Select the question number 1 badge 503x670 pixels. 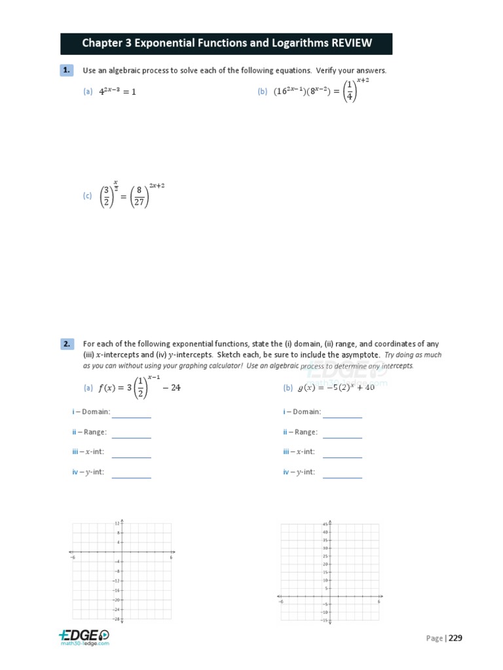tap(67, 70)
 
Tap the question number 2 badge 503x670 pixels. tap(67, 344)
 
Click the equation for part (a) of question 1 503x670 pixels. tap(117, 92)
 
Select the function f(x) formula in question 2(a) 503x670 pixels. tap(139, 387)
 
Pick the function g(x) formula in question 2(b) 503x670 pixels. tap(336, 387)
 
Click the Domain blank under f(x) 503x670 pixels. tap(131, 413)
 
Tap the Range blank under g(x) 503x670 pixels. tap(342, 433)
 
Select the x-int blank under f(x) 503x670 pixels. tap(131, 453)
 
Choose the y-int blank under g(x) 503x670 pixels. tap(342, 473)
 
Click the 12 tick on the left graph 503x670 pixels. tap(117, 523)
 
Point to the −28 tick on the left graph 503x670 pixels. tap(116, 618)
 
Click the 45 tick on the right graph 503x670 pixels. tap(325, 524)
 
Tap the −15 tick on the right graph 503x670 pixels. tap(324, 620)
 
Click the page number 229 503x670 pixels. tap(456, 639)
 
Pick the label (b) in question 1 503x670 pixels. tap(262, 92)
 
